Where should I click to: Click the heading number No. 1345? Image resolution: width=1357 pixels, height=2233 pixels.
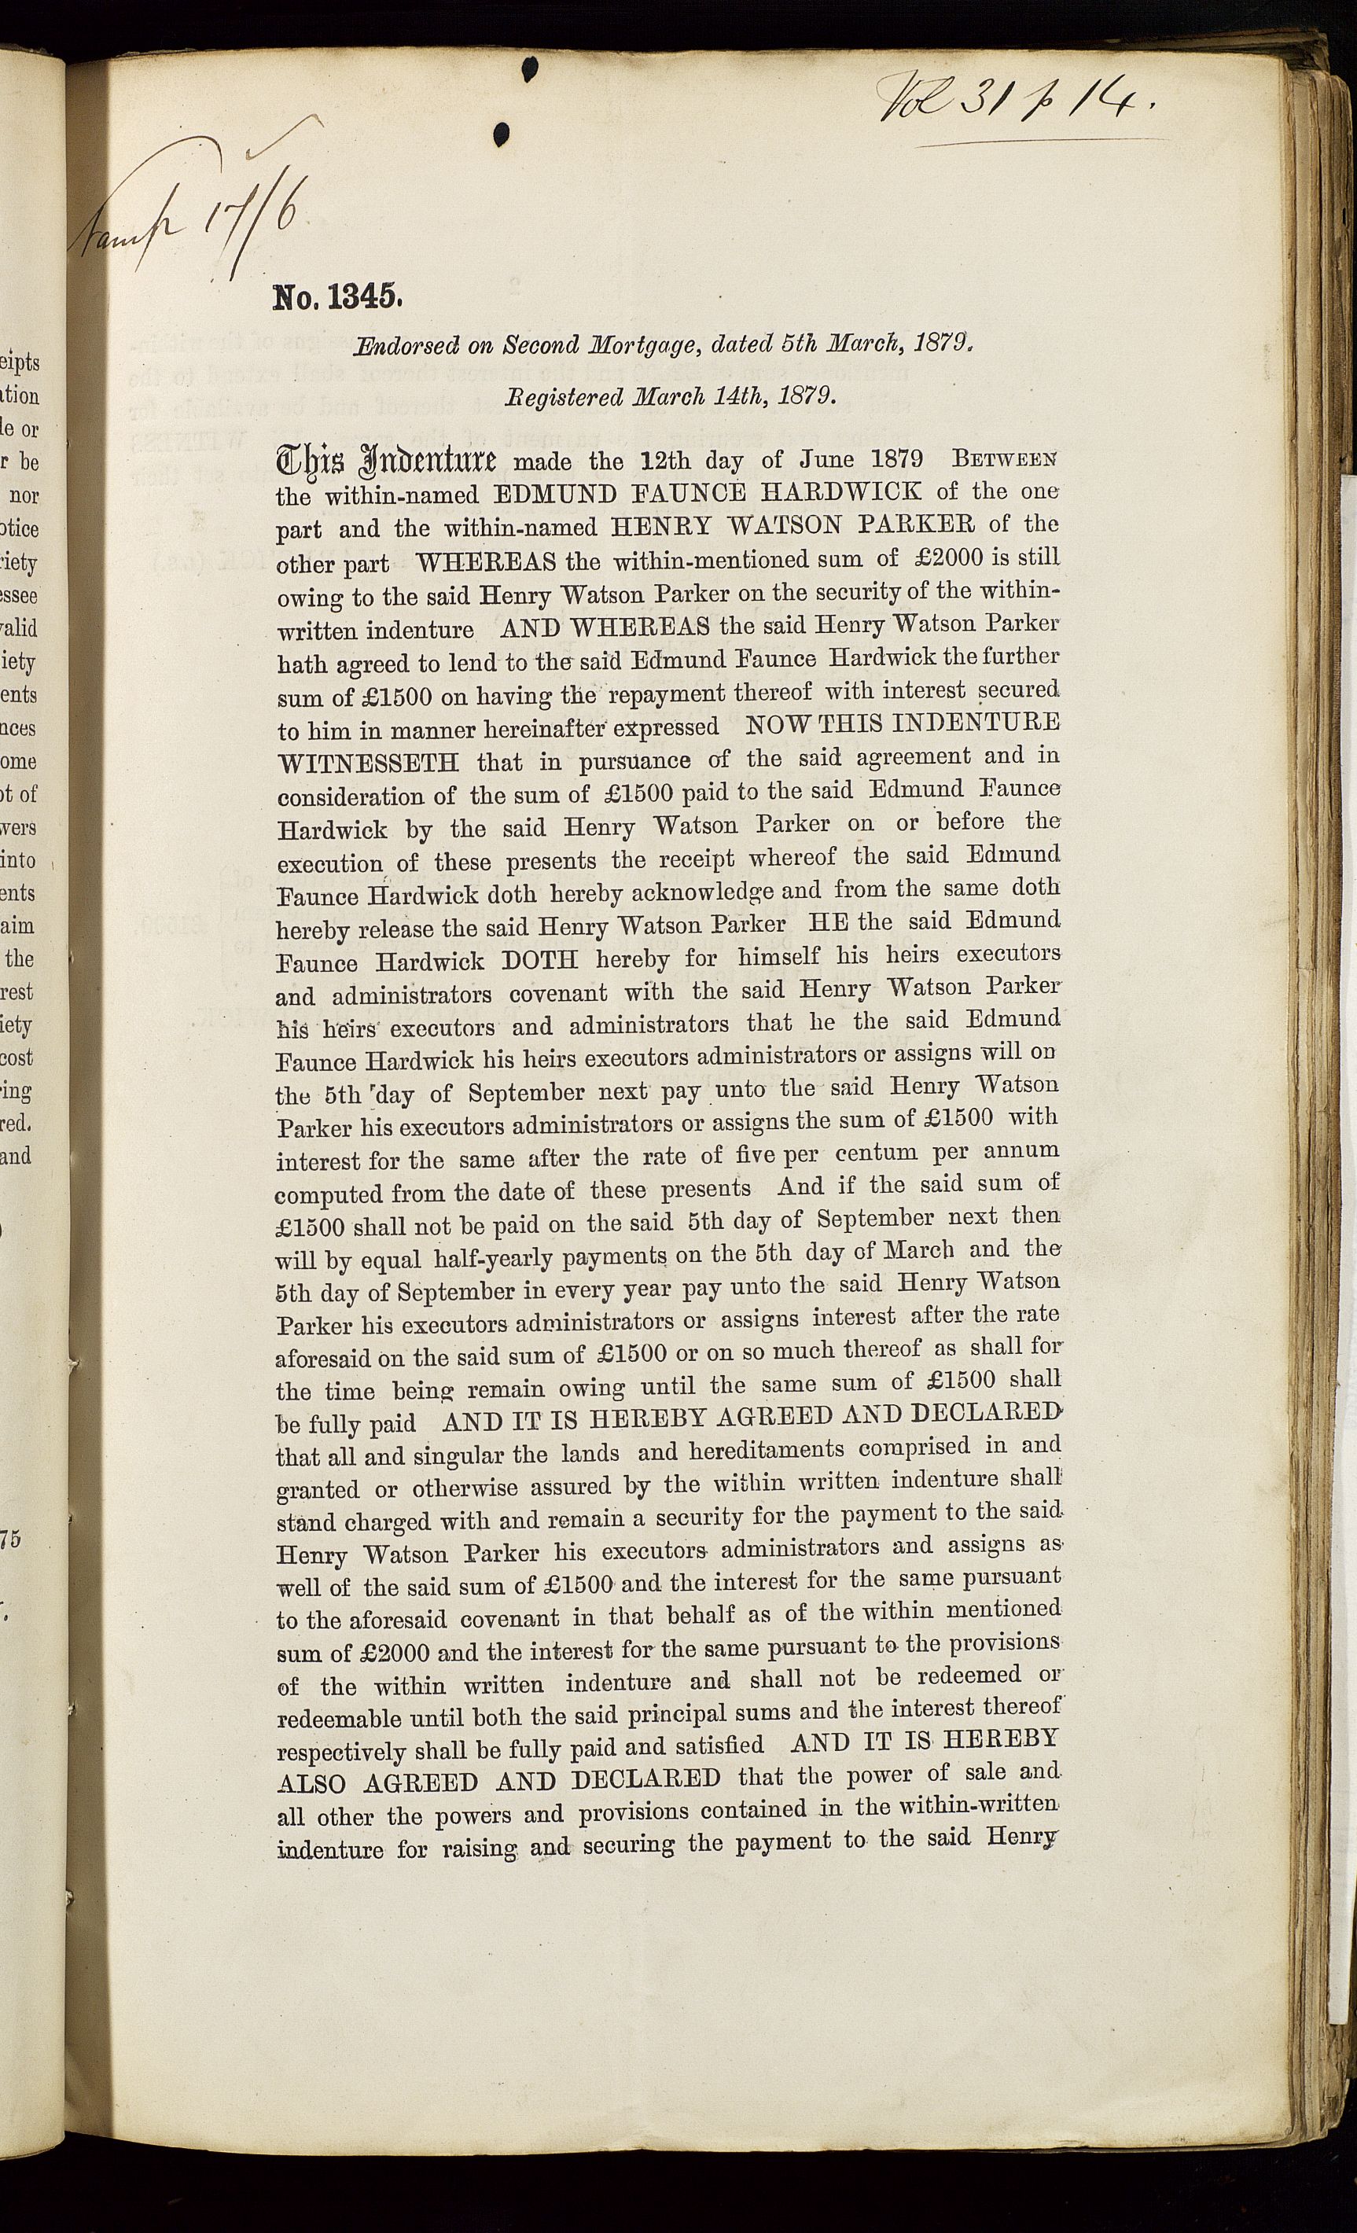(336, 296)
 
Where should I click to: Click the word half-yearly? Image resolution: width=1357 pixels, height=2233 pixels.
(498, 1259)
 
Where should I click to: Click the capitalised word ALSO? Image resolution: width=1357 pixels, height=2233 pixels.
(311, 1784)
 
